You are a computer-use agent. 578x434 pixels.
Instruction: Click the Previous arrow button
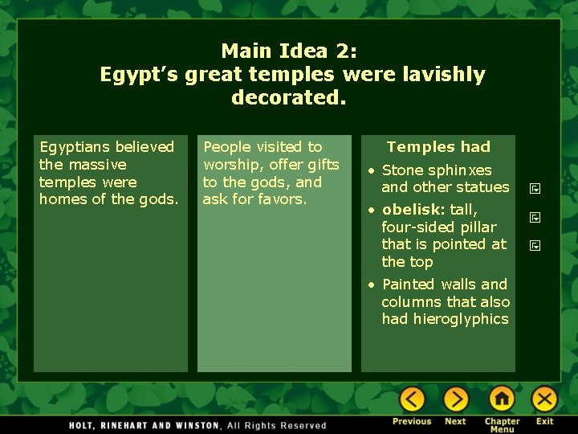coord(412,399)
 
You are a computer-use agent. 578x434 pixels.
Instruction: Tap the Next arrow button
coord(455,399)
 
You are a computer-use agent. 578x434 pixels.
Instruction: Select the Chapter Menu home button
coord(502,399)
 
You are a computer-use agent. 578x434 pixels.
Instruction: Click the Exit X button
coord(544,399)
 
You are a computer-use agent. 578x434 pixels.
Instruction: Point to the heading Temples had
coord(438,147)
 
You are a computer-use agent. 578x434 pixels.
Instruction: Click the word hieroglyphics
coord(458,319)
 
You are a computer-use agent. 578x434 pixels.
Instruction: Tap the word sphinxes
coord(460,170)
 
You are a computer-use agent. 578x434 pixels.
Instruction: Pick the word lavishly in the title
coord(446,75)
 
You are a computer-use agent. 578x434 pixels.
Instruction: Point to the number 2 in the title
coord(346,51)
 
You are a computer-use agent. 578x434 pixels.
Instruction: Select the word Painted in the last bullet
coord(409,285)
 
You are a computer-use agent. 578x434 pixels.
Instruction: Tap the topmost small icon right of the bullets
coord(535,190)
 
